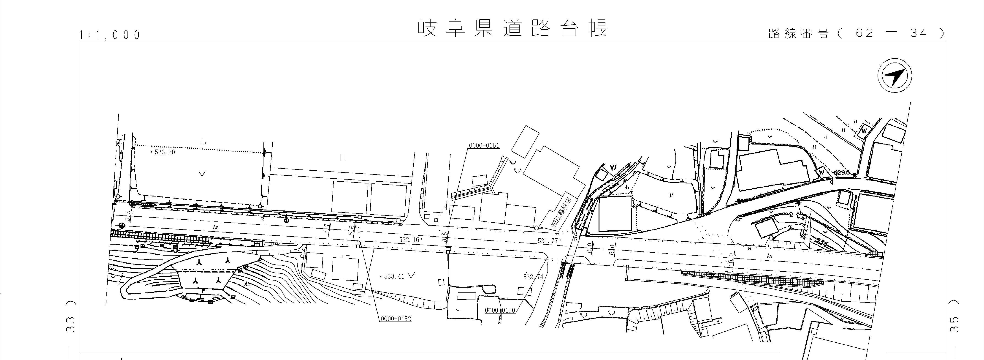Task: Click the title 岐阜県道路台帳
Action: tap(512, 29)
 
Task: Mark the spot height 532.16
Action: tap(409, 240)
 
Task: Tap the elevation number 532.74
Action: tap(533, 277)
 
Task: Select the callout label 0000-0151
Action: tap(484, 146)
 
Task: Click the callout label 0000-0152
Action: tap(396, 319)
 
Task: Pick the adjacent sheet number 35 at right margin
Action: tap(962, 324)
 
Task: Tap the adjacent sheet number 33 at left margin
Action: tap(71, 324)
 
